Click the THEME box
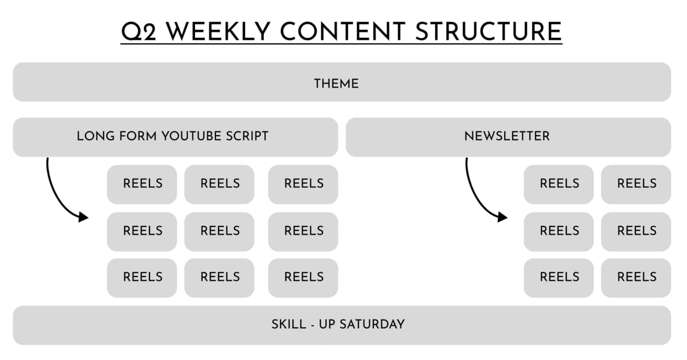point(341,82)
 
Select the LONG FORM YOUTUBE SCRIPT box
point(175,137)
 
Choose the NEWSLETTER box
point(508,137)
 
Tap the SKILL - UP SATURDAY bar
point(341,324)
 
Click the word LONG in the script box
point(91,136)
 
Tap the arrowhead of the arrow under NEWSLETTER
point(503,217)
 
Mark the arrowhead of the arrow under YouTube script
point(83,217)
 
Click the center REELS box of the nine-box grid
point(219,231)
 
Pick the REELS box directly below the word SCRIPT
point(303,184)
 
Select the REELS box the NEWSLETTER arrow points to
point(558,231)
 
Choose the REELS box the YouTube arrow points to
point(142,231)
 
